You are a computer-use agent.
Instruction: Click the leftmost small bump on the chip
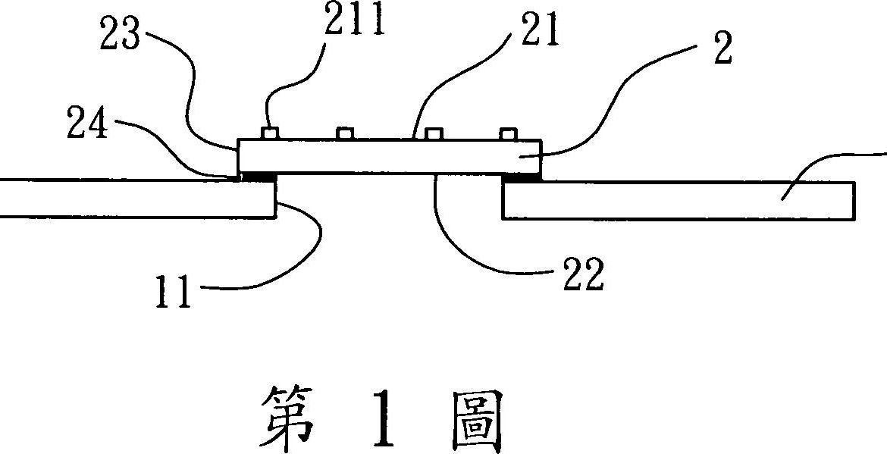click(268, 134)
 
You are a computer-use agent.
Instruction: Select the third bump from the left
click(433, 134)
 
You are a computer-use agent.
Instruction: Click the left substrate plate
click(136, 199)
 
